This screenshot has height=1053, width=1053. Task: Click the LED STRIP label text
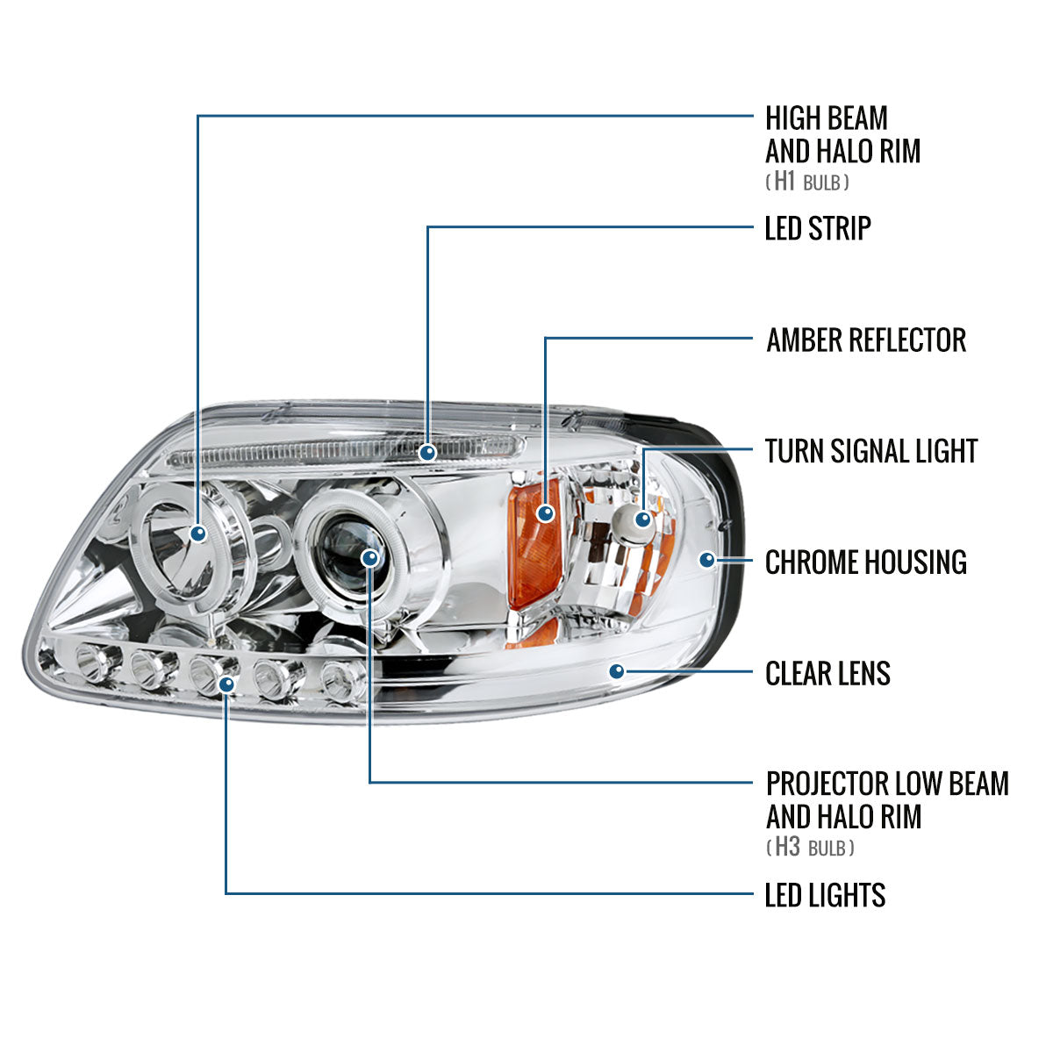coord(818,228)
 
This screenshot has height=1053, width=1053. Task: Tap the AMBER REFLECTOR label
coord(865,340)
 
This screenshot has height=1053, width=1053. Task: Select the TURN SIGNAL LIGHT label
coord(870,451)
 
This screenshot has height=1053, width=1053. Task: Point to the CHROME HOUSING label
coord(865,562)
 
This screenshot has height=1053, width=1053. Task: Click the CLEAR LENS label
coord(827,674)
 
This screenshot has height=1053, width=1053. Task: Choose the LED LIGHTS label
coord(825,896)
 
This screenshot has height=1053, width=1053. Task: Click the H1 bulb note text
coord(808,183)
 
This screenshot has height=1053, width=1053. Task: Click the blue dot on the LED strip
coord(427,453)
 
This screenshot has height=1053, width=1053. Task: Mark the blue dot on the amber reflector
coord(546,513)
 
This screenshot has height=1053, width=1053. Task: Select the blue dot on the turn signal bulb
coord(643,519)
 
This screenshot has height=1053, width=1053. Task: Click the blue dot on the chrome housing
coord(707,558)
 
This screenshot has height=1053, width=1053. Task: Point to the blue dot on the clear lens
coord(617,672)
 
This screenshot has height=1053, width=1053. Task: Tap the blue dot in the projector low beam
coord(370,558)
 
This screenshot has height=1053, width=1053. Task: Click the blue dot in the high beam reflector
coord(198,533)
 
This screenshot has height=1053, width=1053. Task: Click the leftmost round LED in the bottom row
coord(91,662)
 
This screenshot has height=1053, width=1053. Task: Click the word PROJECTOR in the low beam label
coord(825,783)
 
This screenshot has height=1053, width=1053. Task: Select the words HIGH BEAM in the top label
coord(826,118)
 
